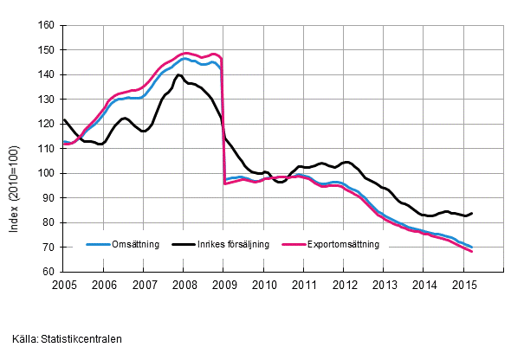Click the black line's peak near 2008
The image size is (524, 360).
point(179,74)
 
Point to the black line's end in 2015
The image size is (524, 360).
point(472,213)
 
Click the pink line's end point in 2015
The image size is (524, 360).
point(472,251)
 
